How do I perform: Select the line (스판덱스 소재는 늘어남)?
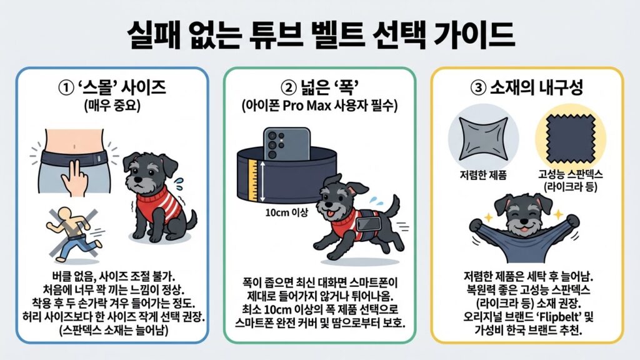112,329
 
